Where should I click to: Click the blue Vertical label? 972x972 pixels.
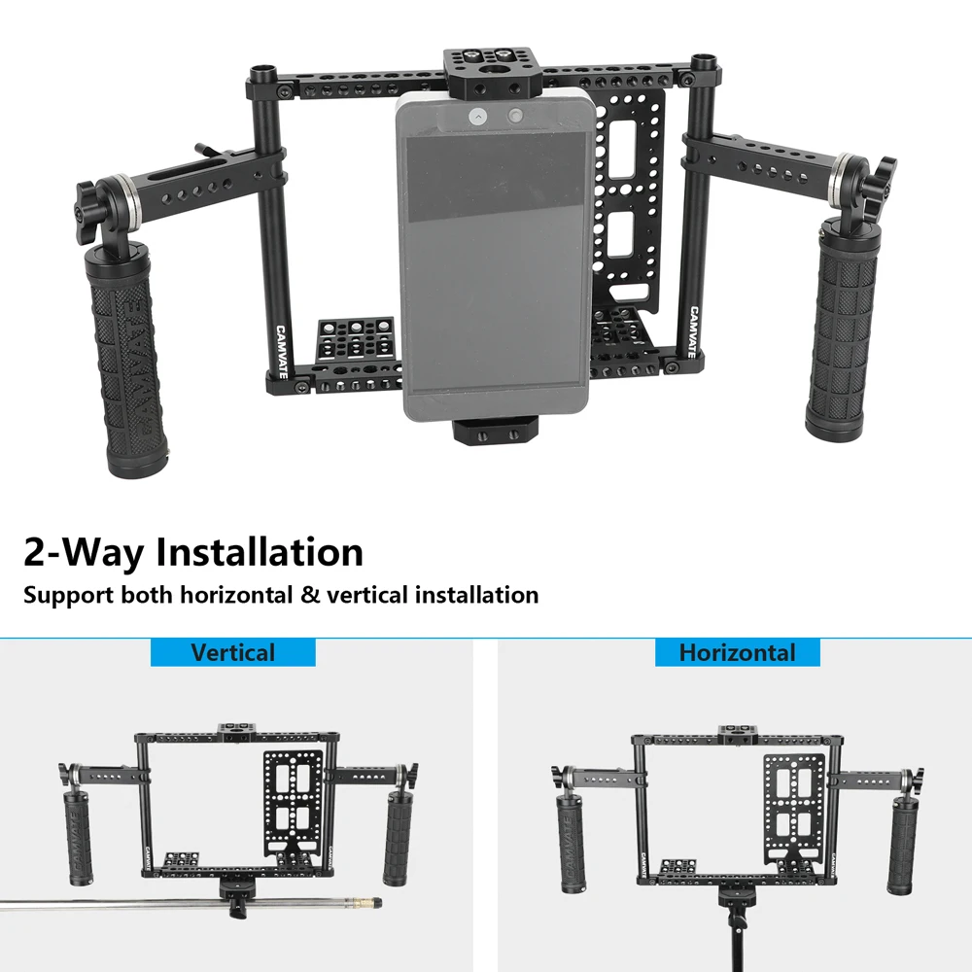point(232,652)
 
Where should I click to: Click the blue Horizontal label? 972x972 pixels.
point(737,652)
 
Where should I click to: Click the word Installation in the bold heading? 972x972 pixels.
point(260,552)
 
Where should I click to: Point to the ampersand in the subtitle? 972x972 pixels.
point(310,594)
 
